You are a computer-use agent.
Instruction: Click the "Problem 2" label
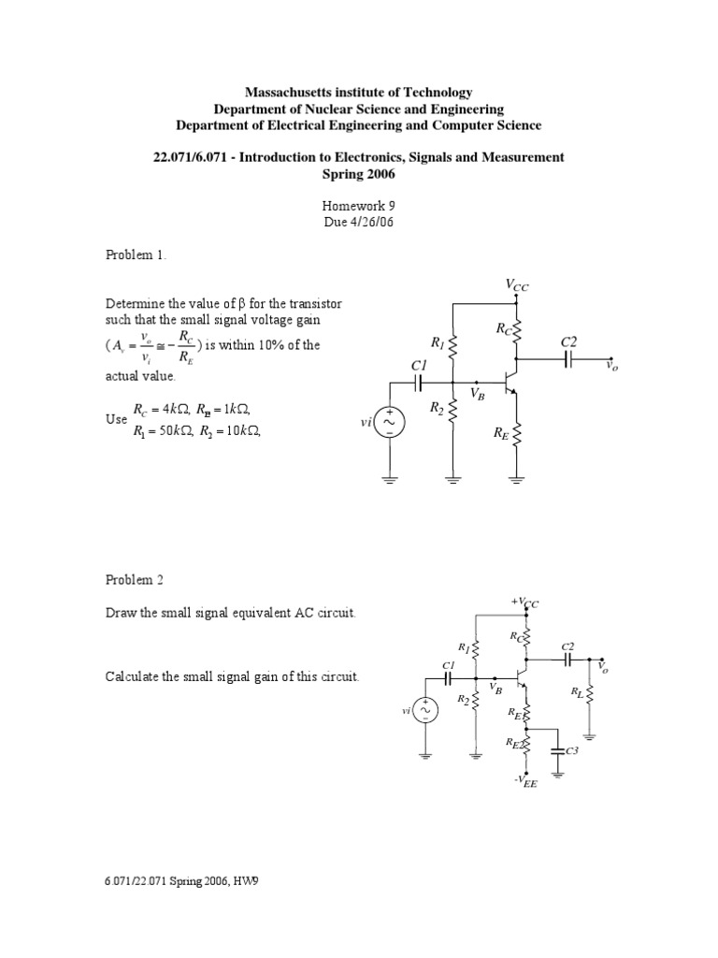pyautogui.click(x=134, y=580)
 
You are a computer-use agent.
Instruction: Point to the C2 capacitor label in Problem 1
pyautogui.click(x=569, y=343)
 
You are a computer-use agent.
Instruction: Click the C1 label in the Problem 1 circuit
pyautogui.click(x=419, y=366)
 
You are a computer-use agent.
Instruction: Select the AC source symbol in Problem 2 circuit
pyautogui.click(x=426, y=711)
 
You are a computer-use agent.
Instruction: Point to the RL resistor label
pyautogui.click(x=576, y=693)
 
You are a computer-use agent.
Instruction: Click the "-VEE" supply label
pyautogui.click(x=526, y=782)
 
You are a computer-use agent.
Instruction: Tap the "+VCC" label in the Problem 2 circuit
pyautogui.click(x=524, y=602)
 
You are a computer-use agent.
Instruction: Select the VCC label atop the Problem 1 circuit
pyautogui.click(x=517, y=285)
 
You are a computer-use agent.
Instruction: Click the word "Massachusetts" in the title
pyautogui.click(x=289, y=93)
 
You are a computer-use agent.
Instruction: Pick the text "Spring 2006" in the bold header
pyautogui.click(x=359, y=174)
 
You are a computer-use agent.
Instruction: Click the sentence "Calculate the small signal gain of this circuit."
pyautogui.click(x=232, y=676)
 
